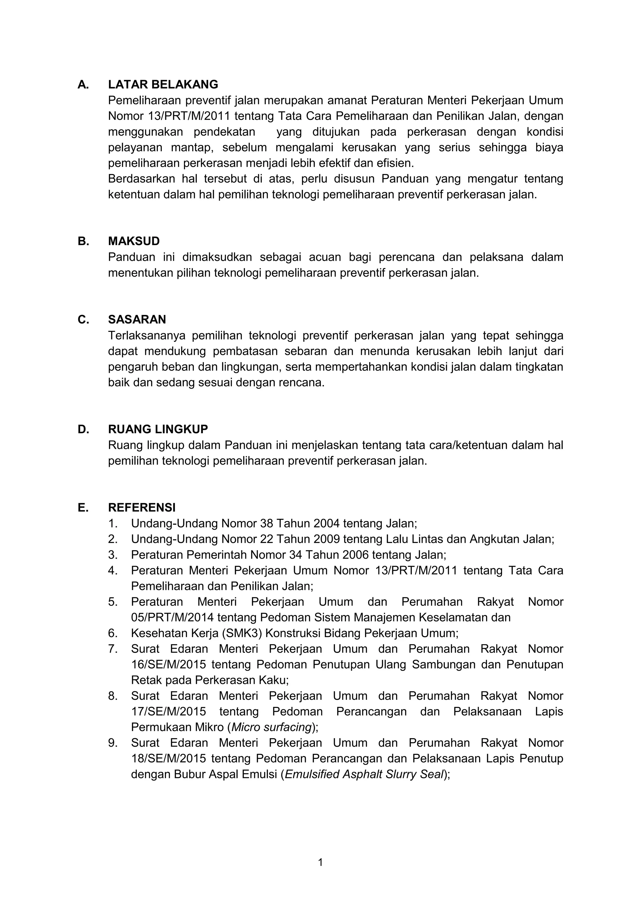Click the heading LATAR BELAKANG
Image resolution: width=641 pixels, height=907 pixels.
click(163, 85)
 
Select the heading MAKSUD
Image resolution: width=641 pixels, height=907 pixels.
click(134, 241)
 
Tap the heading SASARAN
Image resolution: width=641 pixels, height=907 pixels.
click(137, 319)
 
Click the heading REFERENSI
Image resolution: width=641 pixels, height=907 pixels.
click(142, 507)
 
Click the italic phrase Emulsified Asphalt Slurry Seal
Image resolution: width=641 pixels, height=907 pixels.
click(364, 774)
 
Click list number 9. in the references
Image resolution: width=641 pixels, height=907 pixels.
click(113, 743)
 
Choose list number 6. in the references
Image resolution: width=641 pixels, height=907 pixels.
click(113, 633)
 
